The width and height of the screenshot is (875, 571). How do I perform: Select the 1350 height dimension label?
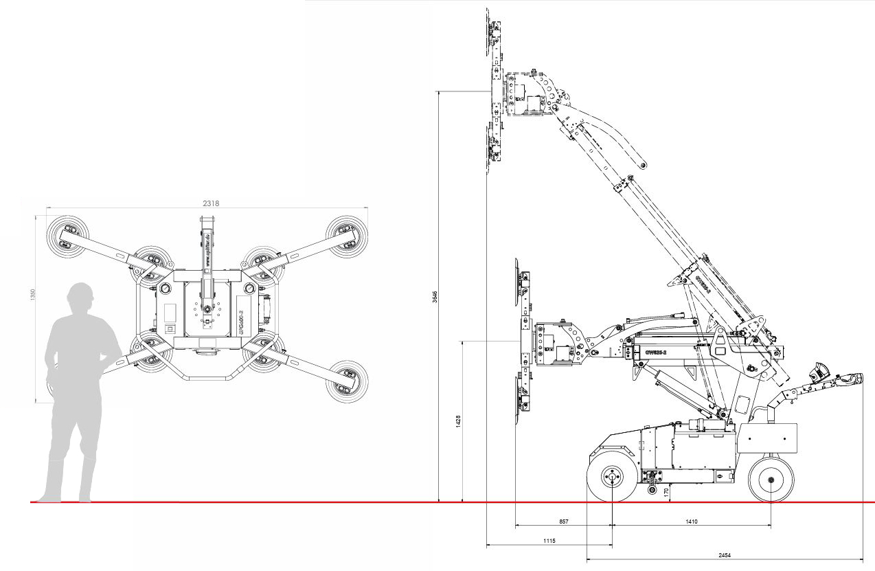pos(32,293)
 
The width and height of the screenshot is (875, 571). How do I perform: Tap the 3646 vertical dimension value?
pos(435,296)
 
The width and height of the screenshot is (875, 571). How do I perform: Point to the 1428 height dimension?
pos(459,421)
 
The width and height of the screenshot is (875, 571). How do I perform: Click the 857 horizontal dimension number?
pos(563,522)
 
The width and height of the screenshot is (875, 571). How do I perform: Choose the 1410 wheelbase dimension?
pos(691,522)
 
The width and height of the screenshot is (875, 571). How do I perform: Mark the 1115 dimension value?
pos(549,541)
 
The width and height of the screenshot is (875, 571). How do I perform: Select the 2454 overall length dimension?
pos(724,554)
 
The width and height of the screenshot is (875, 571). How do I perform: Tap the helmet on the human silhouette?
pos(80,295)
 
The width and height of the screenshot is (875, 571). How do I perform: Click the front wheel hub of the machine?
pos(611,475)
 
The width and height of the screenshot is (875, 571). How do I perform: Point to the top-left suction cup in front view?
pos(67,235)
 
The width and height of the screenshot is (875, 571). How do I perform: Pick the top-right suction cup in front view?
pos(347,235)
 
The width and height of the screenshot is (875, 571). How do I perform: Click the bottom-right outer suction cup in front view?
pos(347,381)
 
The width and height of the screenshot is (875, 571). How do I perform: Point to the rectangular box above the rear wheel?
pos(767,438)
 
